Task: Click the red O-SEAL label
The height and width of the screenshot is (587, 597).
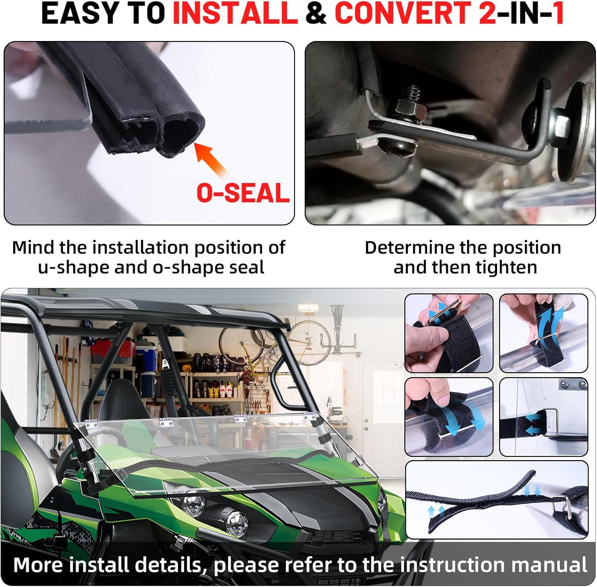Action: [243, 193]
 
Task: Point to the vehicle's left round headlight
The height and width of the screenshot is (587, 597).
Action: [193, 504]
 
